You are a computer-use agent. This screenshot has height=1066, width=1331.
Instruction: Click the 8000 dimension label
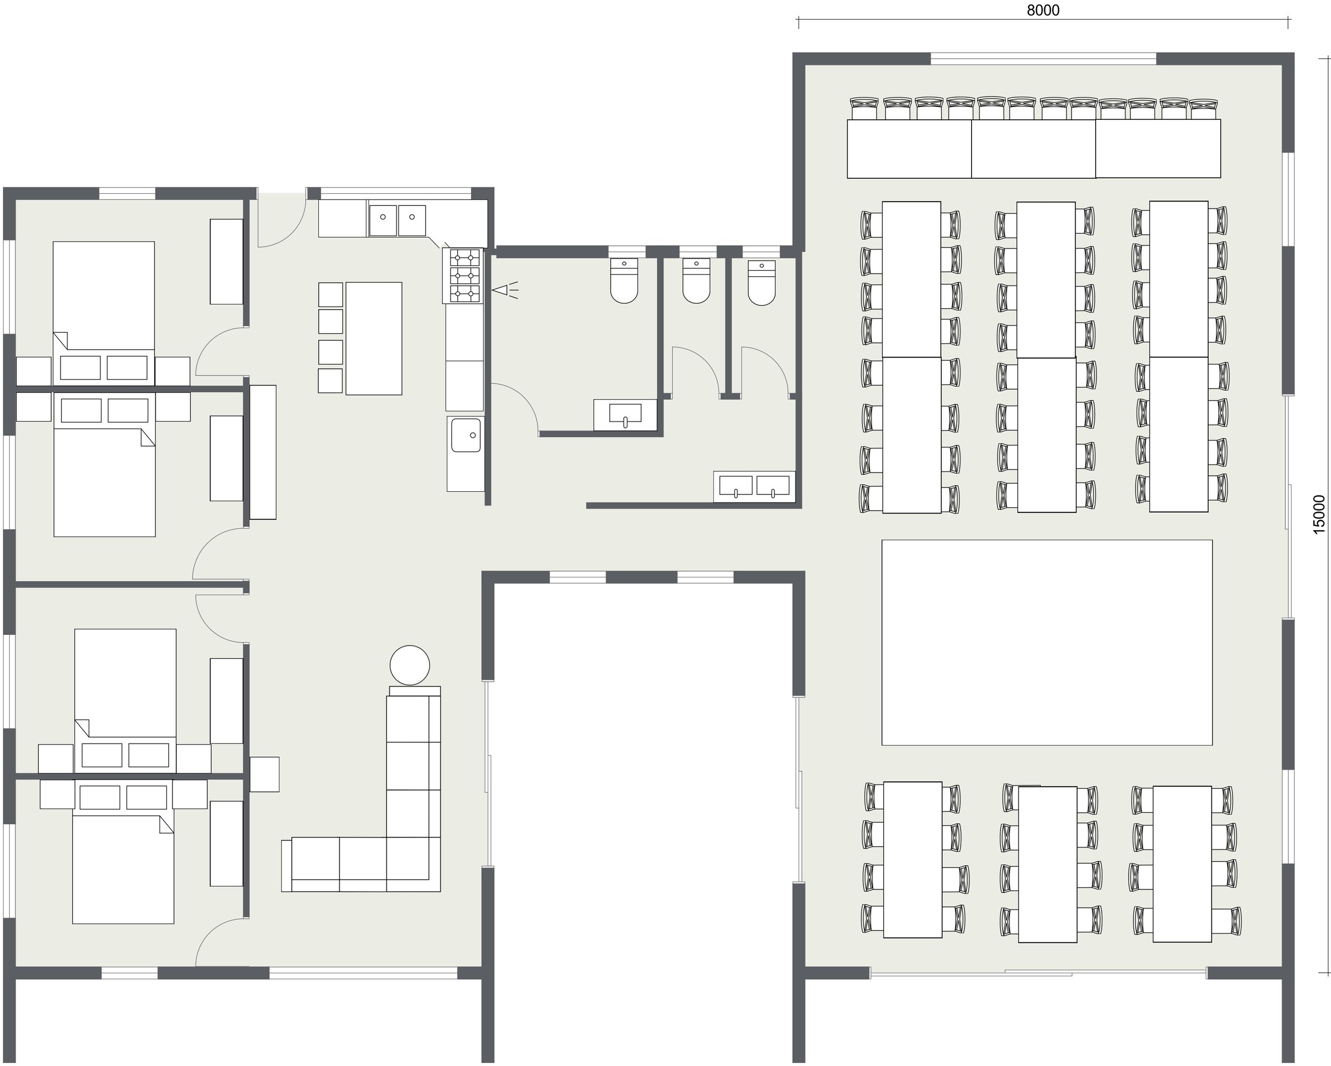[1042, 11]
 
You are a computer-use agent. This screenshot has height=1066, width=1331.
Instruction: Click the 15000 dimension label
[1318, 514]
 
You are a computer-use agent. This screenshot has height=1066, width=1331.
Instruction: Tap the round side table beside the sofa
[409, 665]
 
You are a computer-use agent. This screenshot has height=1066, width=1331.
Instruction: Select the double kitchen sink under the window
[397, 220]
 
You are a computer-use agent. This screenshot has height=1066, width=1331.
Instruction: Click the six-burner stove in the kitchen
[464, 275]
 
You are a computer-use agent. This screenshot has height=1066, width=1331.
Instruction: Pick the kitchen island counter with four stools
[374, 338]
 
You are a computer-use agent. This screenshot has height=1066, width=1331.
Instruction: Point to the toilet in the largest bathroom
[623, 280]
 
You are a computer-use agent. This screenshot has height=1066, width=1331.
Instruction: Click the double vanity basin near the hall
[754, 486]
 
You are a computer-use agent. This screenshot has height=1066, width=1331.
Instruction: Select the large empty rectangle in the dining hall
[1046, 642]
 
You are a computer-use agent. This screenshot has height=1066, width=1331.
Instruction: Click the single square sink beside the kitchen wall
[465, 435]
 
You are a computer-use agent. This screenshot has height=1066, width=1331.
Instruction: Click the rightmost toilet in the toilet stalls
[761, 282]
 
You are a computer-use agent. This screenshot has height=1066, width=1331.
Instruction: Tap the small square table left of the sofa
[264, 774]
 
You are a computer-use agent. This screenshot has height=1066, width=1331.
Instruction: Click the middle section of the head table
[1033, 149]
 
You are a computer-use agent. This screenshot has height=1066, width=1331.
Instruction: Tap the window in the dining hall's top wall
[1042, 59]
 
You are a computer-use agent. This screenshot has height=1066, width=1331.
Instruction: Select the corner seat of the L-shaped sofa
[413, 864]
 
